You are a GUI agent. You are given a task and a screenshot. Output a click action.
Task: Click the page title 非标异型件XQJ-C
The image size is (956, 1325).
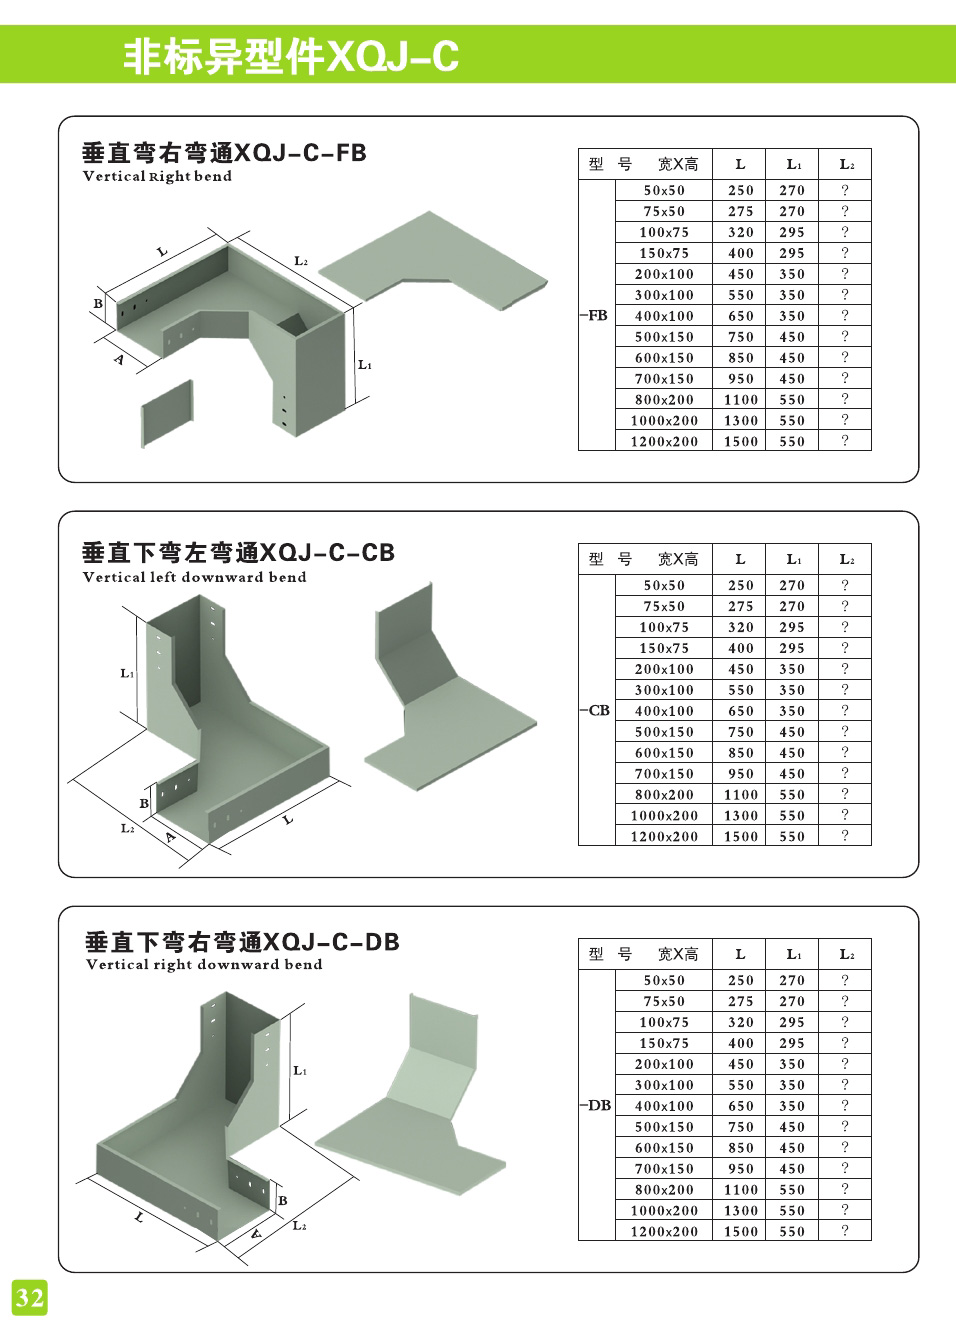tap(291, 57)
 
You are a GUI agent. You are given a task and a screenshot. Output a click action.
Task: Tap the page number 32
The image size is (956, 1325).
tap(29, 1297)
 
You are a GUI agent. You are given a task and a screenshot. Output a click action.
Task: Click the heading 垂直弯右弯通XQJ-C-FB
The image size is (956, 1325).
tap(224, 153)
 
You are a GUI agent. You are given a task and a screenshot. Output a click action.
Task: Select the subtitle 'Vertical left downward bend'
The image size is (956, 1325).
tap(194, 577)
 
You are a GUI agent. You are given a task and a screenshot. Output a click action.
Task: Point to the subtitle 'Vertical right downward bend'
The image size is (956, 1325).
tap(204, 965)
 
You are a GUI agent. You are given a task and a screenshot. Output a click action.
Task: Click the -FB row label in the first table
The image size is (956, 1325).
tap(595, 315)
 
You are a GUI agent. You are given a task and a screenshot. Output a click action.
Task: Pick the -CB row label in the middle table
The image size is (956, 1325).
tap(595, 710)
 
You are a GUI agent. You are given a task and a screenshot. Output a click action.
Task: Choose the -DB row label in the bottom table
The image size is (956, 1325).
tap(596, 1105)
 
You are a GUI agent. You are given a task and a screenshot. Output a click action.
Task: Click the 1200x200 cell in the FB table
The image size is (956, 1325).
tap(664, 441)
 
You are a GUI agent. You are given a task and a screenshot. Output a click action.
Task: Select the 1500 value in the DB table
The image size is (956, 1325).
tap(741, 1231)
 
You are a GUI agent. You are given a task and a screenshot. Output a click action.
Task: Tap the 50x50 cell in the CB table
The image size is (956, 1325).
tap(664, 585)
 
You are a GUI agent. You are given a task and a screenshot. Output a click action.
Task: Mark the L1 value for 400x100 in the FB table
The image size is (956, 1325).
tap(792, 316)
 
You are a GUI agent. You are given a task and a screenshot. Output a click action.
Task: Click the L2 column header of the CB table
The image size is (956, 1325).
tap(846, 559)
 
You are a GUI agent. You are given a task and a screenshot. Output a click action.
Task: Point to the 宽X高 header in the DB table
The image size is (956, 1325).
tap(678, 954)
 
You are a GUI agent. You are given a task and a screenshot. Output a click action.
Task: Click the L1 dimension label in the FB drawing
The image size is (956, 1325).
tap(365, 365)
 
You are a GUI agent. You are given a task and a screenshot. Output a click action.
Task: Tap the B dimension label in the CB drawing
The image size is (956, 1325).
tap(144, 803)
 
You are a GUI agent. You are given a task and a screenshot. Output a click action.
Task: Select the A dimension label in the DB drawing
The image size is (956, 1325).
tap(256, 1234)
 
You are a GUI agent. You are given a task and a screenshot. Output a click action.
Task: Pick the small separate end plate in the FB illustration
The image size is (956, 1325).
tap(167, 411)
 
